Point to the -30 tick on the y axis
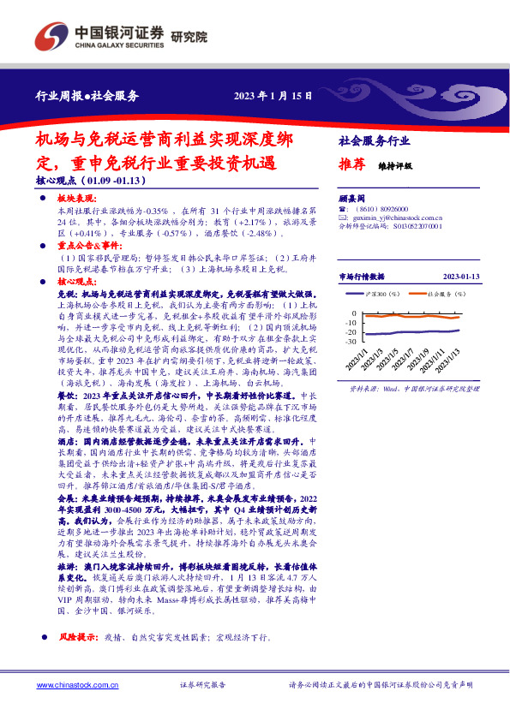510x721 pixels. click(351, 341)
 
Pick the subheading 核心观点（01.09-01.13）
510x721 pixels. click(93, 182)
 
